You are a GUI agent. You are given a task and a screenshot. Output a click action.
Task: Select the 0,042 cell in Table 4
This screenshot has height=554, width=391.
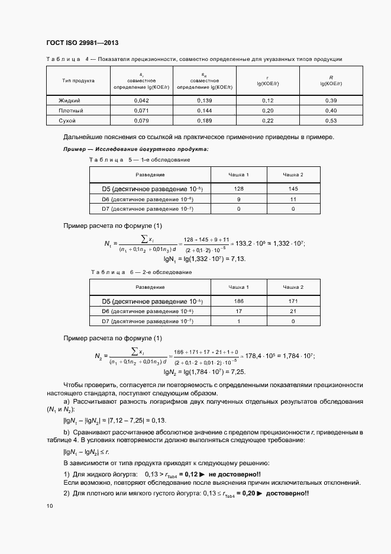141,100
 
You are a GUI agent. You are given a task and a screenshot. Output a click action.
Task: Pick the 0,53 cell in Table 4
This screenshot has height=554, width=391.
331,120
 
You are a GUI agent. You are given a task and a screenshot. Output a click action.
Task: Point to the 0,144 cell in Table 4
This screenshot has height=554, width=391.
204,110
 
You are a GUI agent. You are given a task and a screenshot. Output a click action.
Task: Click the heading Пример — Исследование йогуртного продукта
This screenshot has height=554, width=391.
135,149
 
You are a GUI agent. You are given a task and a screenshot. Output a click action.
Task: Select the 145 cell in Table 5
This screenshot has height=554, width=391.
293,189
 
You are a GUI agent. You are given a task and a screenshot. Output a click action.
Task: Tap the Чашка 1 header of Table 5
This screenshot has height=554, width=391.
239,175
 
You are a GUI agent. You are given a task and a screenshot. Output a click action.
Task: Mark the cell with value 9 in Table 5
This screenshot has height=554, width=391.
239,199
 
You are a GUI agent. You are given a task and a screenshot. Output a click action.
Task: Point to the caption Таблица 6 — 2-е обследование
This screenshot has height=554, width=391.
141,272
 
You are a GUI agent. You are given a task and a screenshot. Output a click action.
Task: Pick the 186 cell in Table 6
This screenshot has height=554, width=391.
239,301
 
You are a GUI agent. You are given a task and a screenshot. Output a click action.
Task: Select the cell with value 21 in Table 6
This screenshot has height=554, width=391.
293,311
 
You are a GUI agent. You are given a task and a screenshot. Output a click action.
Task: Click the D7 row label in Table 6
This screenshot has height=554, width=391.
150,321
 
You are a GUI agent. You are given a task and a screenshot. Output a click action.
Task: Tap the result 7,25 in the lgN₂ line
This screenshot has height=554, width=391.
238,372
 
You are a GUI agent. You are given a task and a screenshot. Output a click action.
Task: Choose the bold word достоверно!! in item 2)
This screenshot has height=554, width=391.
288,494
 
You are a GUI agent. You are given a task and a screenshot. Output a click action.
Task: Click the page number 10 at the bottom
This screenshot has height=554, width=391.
49,506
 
